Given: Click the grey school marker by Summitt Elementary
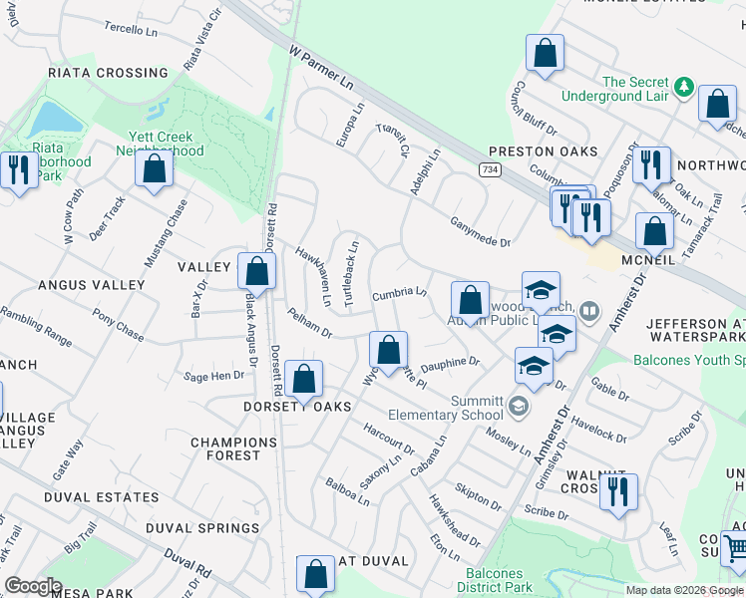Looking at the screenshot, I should coord(518,405).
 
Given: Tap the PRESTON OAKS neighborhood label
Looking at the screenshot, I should coord(543,151).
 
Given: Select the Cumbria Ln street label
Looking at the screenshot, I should coord(399,293).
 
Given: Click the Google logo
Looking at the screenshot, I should coord(33,586).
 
